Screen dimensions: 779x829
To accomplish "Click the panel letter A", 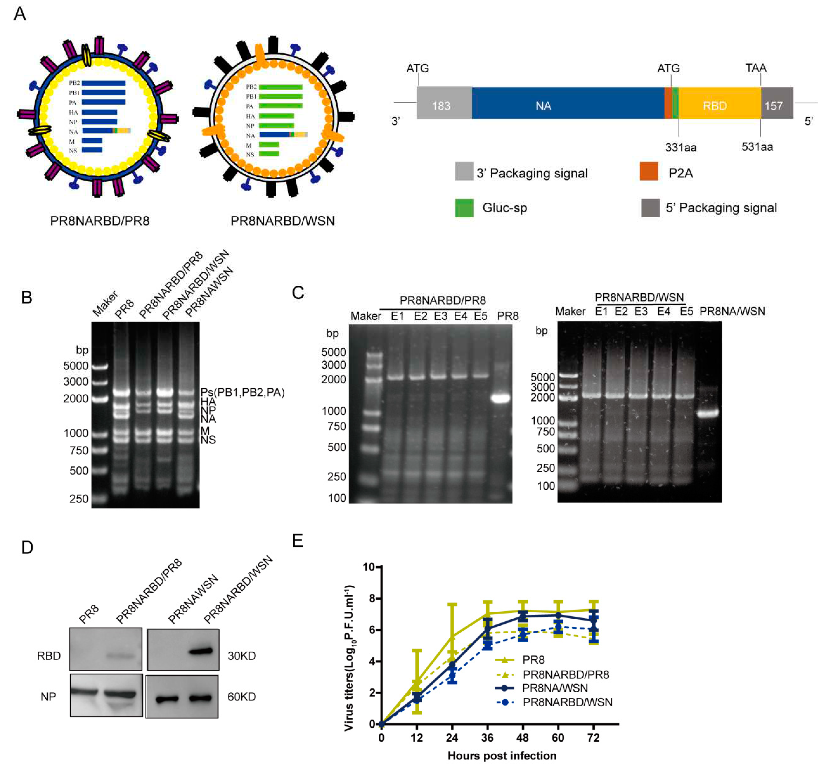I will (20, 14).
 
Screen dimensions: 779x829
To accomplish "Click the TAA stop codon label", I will (756, 68).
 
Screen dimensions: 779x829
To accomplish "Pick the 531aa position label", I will (757, 147).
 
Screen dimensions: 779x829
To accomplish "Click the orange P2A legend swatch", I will (649, 171).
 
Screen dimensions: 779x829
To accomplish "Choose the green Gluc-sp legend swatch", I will (464, 208).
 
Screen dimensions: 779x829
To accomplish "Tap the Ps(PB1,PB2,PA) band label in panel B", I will (242, 392).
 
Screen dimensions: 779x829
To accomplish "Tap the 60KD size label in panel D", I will (242, 696).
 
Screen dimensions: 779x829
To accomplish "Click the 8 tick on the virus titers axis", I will (368, 598).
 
